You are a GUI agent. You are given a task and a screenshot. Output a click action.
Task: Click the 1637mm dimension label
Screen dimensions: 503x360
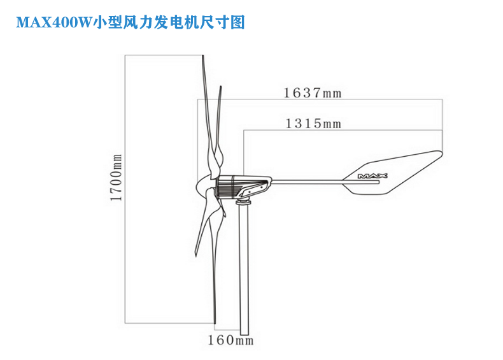click(x=313, y=93)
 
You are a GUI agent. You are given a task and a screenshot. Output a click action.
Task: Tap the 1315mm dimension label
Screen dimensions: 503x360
click(x=313, y=124)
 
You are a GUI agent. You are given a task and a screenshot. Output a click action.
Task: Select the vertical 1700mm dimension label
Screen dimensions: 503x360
click(x=116, y=178)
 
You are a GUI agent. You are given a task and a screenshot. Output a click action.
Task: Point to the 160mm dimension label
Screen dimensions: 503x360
click(x=230, y=340)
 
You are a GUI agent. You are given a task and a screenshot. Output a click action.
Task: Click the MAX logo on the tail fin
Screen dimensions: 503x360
click(x=372, y=176)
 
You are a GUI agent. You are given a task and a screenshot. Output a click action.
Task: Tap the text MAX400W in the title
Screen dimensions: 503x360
click(x=54, y=22)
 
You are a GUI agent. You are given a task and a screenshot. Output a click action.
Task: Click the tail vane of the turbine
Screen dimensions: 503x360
click(x=393, y=173)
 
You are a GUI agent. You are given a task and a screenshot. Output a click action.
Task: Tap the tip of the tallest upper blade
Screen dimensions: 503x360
click(x=202, y=56)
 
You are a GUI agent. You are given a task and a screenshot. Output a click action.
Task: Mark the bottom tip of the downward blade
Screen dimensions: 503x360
click(x=215, y=323)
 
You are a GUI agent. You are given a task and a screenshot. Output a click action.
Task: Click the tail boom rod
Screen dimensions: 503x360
click(x=325, y=182)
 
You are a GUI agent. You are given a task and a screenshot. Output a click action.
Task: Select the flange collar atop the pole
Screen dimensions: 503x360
click(x=244, y=202)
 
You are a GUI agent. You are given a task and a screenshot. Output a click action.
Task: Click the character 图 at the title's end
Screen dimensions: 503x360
click(x=237, y=22)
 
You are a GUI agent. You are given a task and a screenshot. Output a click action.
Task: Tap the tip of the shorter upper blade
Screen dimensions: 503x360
click(x=220, y=87)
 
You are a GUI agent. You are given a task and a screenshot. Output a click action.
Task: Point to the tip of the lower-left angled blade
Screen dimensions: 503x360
click(x=195, y=256)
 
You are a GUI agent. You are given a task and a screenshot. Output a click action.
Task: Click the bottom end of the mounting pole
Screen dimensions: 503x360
click(x=244, y=334)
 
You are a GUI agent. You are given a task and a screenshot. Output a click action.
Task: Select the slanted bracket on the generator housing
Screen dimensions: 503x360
click(x=253, y=189)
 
